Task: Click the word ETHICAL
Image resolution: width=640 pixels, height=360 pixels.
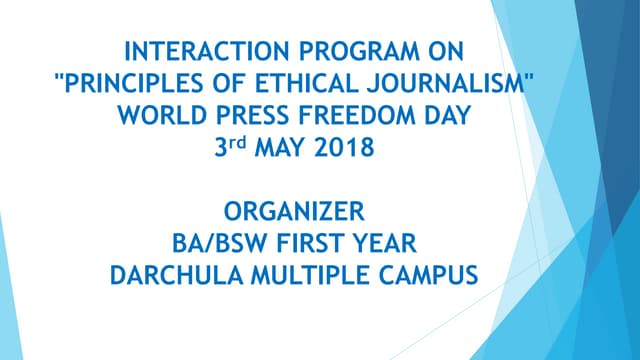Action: pyautogui.click(x=312, y=84)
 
